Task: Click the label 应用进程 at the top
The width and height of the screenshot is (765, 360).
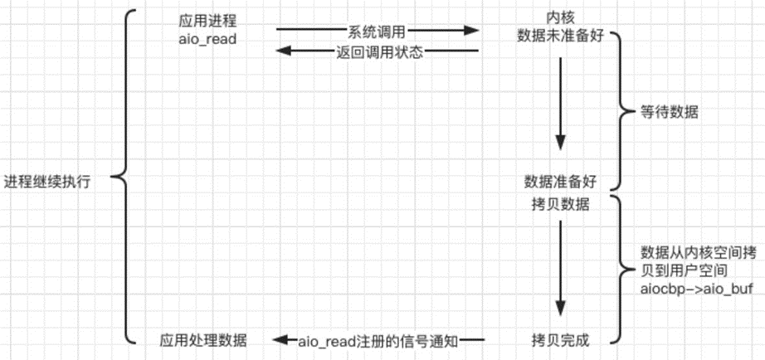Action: (207, 21)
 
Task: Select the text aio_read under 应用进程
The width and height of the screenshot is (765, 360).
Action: (207, 39)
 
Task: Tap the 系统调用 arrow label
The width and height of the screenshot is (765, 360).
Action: (377, 32)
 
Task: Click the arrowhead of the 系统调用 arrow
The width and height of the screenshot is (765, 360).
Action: (471, 31)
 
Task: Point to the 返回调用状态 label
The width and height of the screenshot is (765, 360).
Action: (379, 51)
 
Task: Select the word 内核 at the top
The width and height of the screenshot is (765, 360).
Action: (561, 17)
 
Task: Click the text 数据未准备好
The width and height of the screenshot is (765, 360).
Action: (561, 36)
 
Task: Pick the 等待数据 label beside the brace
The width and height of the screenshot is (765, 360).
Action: (669, 113)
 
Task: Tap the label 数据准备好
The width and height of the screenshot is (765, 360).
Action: (561, 182)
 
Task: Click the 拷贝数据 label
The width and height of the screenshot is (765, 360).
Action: (559, 206)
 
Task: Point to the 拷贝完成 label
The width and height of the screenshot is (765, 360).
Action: (560, 340)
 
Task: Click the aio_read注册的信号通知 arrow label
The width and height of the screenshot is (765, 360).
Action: (378, 341)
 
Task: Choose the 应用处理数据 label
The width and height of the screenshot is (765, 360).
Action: (203, 340)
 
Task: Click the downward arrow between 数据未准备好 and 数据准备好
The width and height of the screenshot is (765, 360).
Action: (560, 104)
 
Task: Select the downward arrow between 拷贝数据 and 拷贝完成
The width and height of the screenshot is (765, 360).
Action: (560, 268)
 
